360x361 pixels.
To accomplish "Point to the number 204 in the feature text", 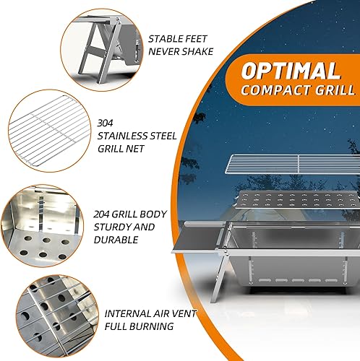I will (x=105, y=214).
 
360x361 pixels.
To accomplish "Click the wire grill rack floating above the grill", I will (x=281, y=165).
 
